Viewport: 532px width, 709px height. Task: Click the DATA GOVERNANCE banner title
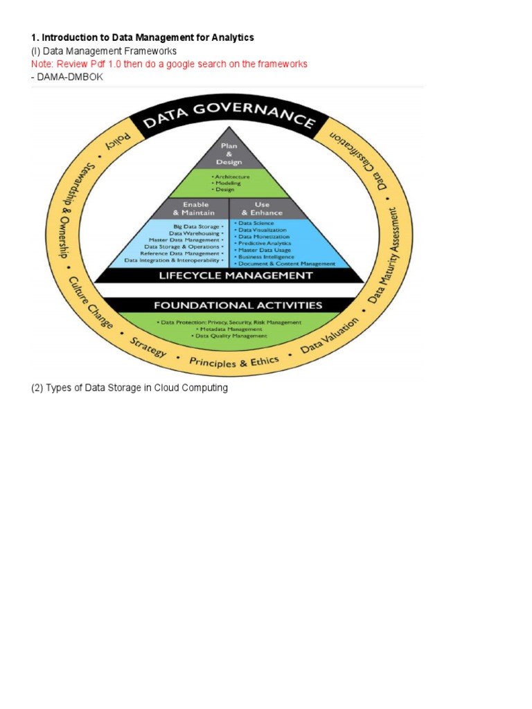tap(229, 118)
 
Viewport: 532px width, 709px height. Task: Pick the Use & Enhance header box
tap(263, 208)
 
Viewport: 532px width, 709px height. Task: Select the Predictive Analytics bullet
tap(264, 243)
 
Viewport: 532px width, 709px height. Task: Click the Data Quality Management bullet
tap(229, 336)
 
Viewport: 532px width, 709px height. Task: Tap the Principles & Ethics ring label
tap(234, 362)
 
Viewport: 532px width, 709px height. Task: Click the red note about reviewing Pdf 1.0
tap(169, 64)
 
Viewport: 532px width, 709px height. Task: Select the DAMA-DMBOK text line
tap(66, 76)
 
